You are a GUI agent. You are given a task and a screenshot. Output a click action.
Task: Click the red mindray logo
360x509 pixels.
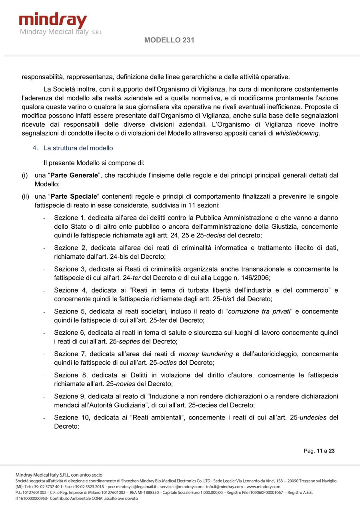click(x=53, y=21)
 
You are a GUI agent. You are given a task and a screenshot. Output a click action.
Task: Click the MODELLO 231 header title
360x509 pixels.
click(x=169, y=40)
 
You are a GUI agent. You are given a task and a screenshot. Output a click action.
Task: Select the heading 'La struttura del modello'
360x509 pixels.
click(x=78, y=148)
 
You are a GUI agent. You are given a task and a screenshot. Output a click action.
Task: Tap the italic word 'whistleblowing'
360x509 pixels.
click(x=297, y=133)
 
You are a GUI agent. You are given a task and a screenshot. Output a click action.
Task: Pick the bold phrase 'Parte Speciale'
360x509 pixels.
click(x=74, y=196)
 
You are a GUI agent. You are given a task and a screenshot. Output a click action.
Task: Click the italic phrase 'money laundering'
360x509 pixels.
click(x=206, y=354)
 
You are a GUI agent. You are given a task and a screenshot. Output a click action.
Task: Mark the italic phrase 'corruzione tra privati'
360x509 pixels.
click(x=259, y=311)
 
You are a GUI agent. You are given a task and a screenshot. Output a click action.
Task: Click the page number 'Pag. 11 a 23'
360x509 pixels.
click(x=319, y=451)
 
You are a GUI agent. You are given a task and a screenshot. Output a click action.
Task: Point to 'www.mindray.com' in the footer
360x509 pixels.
click(x=263, y=487)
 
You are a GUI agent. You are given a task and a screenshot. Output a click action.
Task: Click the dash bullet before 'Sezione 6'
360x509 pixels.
click(x=44, y=333)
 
